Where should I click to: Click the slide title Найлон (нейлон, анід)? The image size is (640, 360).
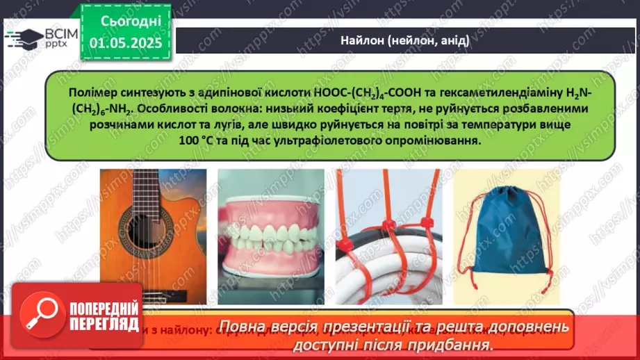404,40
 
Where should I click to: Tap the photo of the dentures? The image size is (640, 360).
270,237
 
